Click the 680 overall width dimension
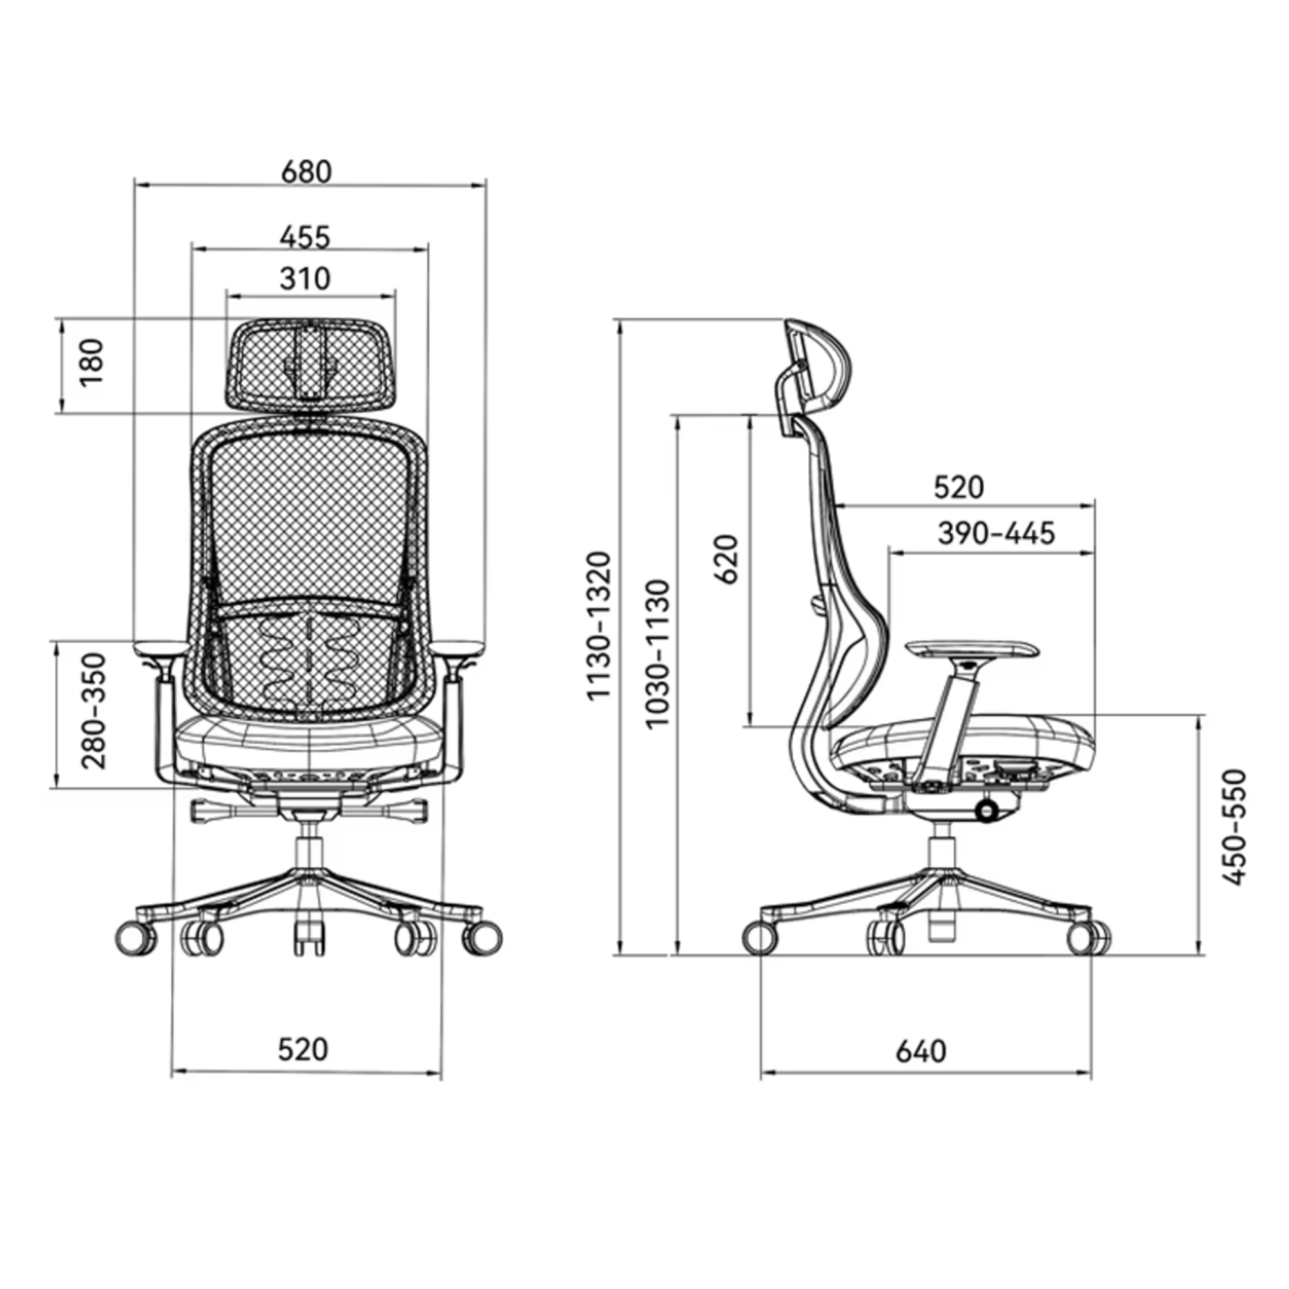coord(306,172)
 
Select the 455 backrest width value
coord(305,237)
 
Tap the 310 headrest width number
coord(305,278)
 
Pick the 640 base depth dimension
coord(921,1051)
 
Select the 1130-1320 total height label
coord(599,626)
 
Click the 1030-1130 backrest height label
coord(657,654)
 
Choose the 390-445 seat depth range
coord(996,533)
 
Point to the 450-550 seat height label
coord(1234,828)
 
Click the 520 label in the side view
coord(959,488)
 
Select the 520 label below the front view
coord(304,1049)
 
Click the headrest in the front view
coord(309,363)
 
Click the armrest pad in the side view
coord(973,647)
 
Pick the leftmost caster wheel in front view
coord(135,939)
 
